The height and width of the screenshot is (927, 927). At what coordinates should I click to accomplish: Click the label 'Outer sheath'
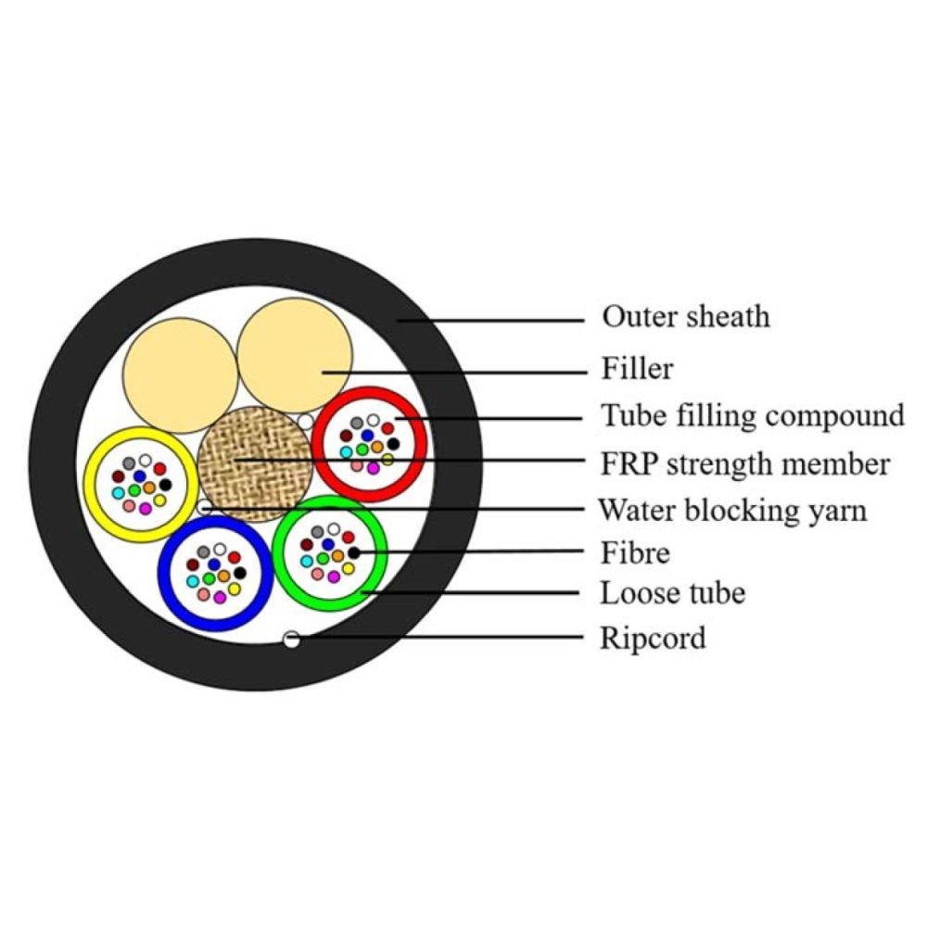click(686, 316)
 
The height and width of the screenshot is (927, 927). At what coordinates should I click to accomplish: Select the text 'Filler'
click(637, 369)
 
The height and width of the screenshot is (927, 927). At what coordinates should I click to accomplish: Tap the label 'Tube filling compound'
click(753, 414)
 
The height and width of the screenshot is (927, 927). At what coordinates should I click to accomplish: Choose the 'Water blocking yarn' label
click(732, 510)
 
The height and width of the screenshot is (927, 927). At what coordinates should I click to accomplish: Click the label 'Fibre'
click(635, 553)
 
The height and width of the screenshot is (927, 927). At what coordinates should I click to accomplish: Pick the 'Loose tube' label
click(673, 592)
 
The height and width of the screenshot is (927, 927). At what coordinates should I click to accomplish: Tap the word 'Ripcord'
click(653, 638)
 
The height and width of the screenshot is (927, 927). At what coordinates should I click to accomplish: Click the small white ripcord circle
click(292, 639)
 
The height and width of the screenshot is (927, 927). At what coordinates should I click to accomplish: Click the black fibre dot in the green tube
click(353, 553)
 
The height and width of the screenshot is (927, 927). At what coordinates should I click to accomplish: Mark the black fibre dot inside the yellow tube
click(165, 484)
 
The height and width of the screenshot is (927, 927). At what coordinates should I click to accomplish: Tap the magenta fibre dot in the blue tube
click(220, 598)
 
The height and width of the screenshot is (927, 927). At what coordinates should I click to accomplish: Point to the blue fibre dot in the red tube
click(368, 434)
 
